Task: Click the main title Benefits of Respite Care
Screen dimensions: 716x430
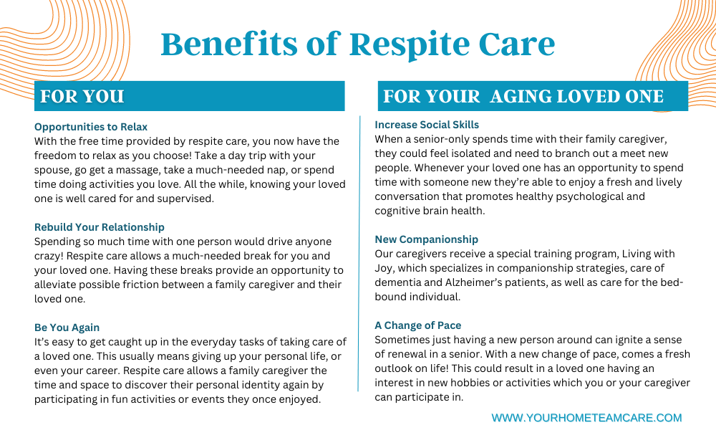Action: pyautogui.click(x=358, y=44)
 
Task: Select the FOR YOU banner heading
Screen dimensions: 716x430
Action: pyautogui.click(x=82, y=97)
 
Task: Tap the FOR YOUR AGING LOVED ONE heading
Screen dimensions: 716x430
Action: pyautogui.click(x=523, y=97)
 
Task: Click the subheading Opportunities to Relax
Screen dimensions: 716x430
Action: pyautogui.click(x=91, y=127)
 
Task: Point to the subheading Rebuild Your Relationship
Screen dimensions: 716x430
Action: pyautogui.click(x=99, y=227)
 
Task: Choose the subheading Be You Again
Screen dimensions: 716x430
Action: pyautogui.click(x=67, y=328)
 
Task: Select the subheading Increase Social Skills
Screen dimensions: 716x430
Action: pyautogui.click(x=427, y=125)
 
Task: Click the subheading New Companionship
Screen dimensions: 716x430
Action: pyautogui.click(x=427, y=239)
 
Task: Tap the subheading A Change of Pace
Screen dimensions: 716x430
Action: pyautogui.click(x=418, y=325)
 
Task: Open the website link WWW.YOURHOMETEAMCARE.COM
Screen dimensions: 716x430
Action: pyautogui.click(x=587, y=418)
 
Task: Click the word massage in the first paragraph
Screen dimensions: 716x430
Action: pyautogui.click(x=162, y=170)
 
